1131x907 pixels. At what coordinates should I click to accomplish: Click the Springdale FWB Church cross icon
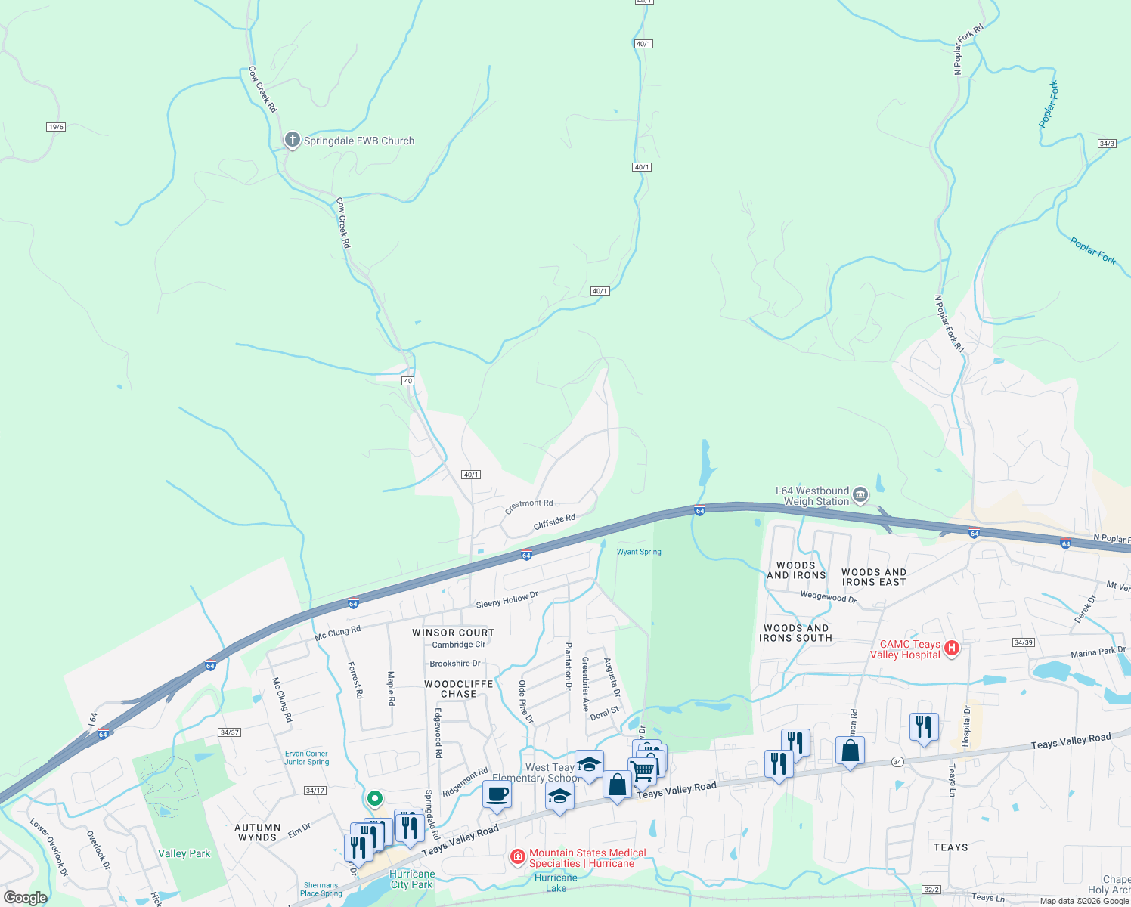[x=293, y=140]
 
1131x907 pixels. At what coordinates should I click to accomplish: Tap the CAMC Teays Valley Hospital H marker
[x=952, y=648]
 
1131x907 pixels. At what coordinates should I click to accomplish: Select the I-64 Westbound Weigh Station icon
[x=860, y=496]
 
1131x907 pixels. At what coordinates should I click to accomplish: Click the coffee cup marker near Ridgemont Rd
[x=497, y=795]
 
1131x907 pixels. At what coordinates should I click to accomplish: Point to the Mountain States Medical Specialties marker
[x=518, y=856]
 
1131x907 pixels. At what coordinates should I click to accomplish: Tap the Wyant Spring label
[x=639, y=552]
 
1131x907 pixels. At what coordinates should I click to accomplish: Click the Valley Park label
[x=184, y=853]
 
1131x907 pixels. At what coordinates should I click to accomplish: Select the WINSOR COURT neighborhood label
[x=453, y=633]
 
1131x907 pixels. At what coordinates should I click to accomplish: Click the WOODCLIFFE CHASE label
[x=458, y=689]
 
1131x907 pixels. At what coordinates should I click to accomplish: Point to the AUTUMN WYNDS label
[x=257, y=832]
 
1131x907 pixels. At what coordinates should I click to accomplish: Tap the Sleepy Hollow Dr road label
[x=507, y=599]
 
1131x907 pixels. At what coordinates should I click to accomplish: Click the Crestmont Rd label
[x=529, y=503]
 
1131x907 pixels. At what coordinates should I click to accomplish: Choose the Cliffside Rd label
[x=554, y=522]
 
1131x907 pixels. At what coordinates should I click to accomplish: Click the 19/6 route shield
[x=56, y=127]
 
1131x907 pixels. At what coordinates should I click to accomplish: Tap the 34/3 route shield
[x=1107, y=144]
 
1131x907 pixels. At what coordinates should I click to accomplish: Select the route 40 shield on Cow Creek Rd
[x=407, y=381]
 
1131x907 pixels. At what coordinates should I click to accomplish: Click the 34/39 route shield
[x=1023, y=642]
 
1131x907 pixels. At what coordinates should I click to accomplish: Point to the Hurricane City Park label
[x=412, y=879]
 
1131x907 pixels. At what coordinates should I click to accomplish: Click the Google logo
[x=25, y=898]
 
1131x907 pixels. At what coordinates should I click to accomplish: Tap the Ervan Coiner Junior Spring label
[x=306, y=757]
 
